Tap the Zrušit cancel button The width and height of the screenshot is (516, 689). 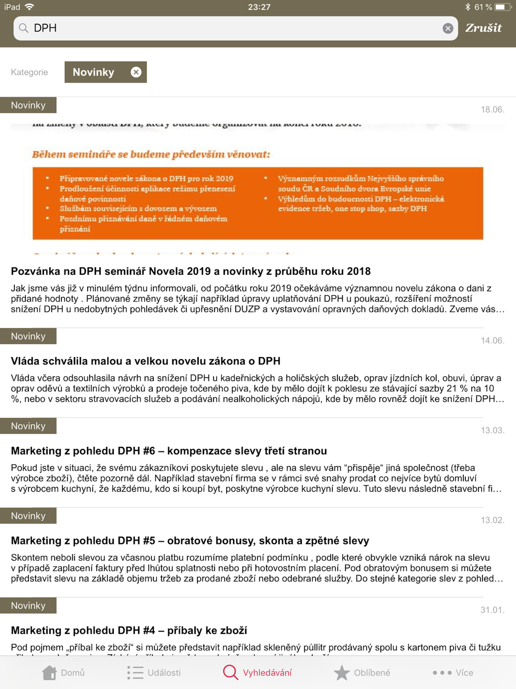point(483,28)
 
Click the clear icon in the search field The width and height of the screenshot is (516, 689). point(448,28)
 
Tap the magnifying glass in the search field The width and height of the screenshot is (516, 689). point(24,28)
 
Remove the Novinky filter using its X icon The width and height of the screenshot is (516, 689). point(136,72)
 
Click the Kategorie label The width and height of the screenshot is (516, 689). point(29,72)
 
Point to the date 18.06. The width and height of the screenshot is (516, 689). point(492,109)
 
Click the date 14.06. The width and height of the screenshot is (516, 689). point(492,340)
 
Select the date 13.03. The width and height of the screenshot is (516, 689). point(492,430)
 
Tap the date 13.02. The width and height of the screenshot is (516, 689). point(492,520)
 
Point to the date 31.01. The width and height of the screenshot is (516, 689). point(492,610)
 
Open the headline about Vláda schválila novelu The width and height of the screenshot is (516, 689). point(146,361)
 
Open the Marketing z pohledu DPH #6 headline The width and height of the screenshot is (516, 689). point(169,451)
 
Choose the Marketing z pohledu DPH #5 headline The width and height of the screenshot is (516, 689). point(190,541)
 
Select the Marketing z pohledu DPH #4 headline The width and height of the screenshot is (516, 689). point(129,631)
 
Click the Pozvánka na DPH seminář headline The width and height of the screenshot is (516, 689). point(190,271)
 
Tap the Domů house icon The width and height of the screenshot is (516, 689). point(50,672)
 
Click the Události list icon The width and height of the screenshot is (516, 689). point(135,672)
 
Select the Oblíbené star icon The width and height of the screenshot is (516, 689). point(341,672)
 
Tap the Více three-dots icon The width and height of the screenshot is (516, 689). point(442,672)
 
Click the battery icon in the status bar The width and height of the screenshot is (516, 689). point(502,7)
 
